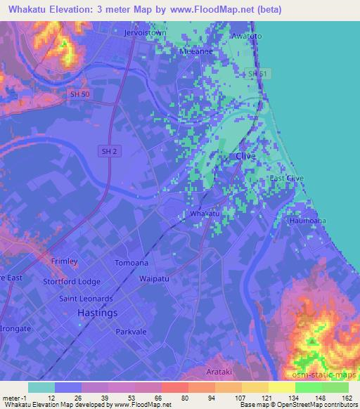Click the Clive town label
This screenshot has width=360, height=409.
[245, 156]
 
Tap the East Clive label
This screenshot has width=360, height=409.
[286, 178]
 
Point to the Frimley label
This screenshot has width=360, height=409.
[64, 261]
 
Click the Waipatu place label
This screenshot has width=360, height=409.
[155, 278]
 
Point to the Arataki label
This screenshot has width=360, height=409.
[226, 371]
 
